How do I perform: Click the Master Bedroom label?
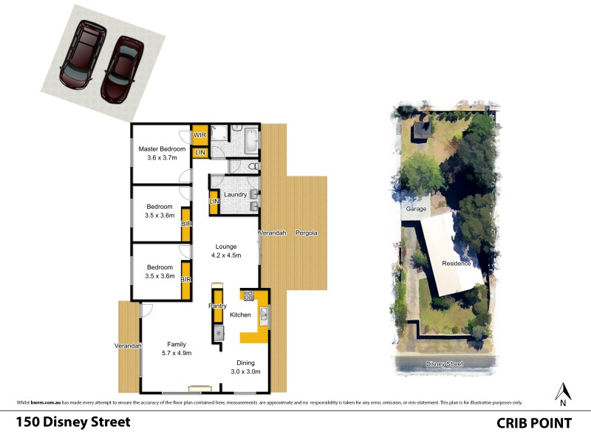point(161,148)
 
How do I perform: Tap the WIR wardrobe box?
point(199,136)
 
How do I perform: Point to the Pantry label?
point(217,305)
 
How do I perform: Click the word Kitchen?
point(241,315)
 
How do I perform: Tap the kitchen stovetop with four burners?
point(249,296)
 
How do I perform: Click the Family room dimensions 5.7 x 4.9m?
point(176,354)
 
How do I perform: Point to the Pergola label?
point(306,233)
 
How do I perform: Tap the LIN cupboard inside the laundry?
point(213,202)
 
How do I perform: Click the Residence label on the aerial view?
point(456,264)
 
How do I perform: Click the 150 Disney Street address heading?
point(73,422)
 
